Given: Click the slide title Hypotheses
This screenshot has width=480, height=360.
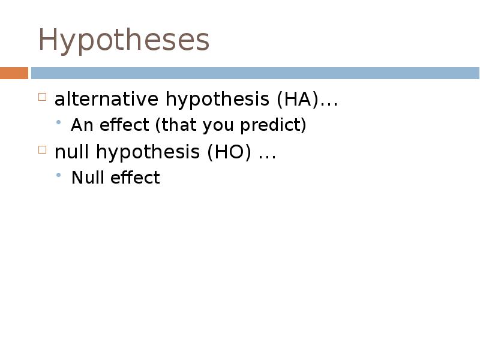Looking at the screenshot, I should (124, 41).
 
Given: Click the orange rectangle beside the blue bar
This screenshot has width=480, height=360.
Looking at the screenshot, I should (14, 73).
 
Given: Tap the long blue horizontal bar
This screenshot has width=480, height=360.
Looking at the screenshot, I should (255, 73).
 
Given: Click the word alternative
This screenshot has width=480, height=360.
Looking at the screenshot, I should (107, 99).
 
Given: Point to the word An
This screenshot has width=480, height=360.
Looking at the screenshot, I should (80, 125).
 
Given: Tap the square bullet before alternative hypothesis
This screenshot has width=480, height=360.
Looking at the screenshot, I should (43, 97).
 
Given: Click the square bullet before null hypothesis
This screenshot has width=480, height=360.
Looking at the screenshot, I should (43, 150).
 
